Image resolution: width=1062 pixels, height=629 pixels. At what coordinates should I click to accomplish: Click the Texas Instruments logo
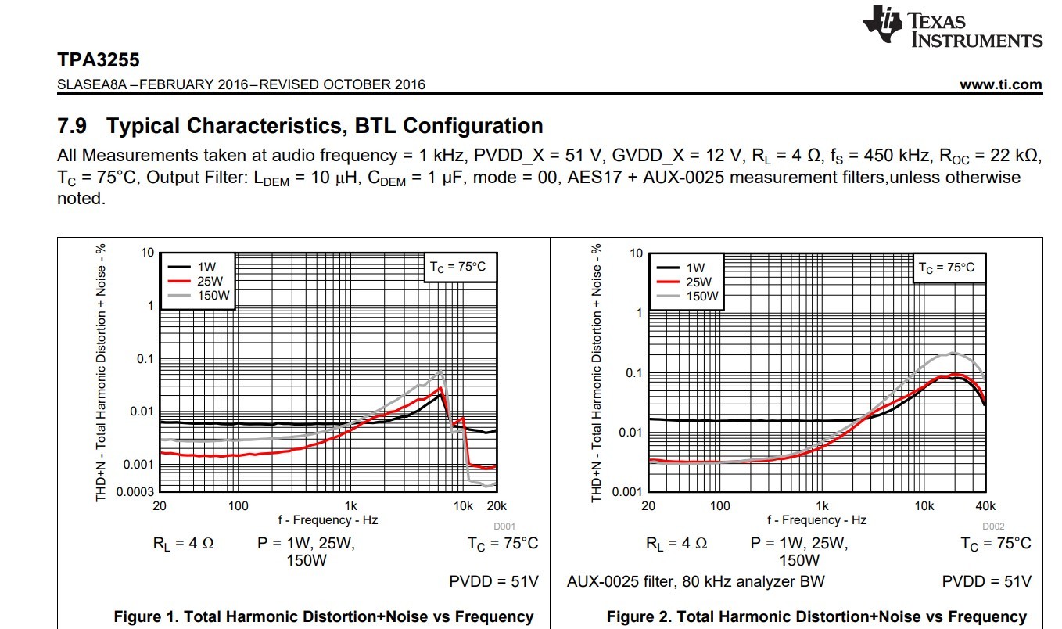(952, 26)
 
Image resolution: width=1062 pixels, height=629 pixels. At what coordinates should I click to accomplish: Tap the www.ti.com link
(1000, 84)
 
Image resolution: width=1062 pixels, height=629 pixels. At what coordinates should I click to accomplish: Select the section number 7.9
(74, 126)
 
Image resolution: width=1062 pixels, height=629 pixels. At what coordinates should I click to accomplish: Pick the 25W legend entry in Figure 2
(698, 282)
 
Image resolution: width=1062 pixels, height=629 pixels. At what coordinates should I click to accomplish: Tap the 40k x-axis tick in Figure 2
(985, 506)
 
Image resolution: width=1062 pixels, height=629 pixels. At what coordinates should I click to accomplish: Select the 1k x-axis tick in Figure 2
(822, 506)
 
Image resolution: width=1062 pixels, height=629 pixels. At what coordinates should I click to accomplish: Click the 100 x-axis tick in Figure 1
(239, 505)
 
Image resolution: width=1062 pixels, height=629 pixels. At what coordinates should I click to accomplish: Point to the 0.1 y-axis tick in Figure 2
(633, 373)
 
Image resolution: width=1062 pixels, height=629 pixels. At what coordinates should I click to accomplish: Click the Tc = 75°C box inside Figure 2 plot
(945, 268)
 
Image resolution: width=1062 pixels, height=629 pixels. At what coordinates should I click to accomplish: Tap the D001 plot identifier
(504, 527)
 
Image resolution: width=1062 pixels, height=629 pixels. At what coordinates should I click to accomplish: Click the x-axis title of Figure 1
(328, 519)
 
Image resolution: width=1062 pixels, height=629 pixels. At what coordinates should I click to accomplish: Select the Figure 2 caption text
(816, 616)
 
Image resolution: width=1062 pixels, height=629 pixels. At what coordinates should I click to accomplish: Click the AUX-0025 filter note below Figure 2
(696, 581)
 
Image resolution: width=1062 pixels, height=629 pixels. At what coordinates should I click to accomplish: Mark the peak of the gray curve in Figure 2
(953, 353)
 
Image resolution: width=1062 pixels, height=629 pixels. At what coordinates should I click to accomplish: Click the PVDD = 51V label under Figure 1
(493, 581)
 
